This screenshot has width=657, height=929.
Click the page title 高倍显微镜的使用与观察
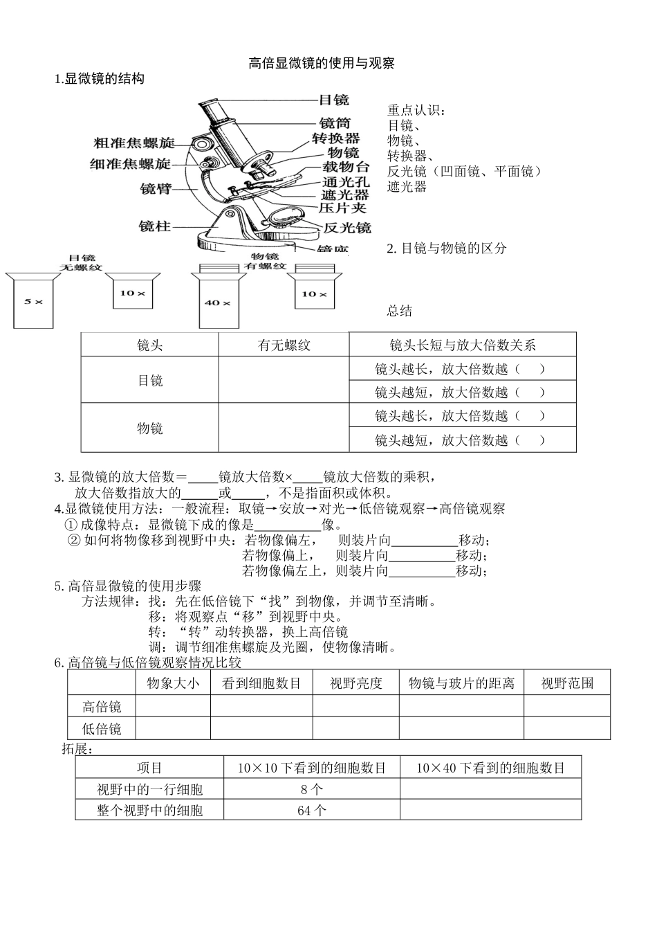click(321, 63)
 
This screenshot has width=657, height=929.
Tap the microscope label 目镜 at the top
click(335, 100)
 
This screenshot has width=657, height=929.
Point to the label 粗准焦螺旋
click(134, 143)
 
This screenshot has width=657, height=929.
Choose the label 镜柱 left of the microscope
click(154, 226)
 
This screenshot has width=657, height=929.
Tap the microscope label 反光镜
click(347, 227)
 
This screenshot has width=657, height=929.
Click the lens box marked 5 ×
click(33, 302)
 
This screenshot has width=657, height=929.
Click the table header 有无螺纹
click(284, 345)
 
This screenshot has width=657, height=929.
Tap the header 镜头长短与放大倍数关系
click(462, 345)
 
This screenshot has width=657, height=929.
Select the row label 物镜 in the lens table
click(150, 428)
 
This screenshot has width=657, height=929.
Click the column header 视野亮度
click(355, 683)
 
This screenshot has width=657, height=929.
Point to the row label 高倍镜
click(102, 706)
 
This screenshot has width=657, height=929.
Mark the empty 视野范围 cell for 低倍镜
click(567, 728)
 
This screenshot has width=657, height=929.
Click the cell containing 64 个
click(311, 810)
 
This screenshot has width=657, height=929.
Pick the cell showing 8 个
click(311, 789)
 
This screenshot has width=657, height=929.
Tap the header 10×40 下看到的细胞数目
click(490, 768)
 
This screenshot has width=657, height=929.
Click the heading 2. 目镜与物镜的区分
click(446, 248)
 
